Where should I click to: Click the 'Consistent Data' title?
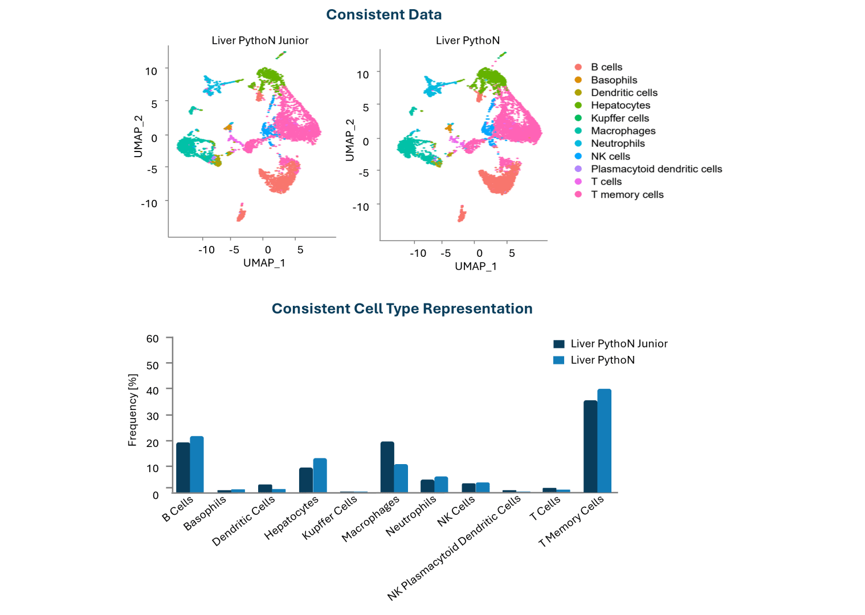[383, 15]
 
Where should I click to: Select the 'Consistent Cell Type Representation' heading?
[402, 309]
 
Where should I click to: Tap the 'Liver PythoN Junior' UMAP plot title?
[260, 40]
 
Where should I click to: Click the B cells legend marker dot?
[578, 67]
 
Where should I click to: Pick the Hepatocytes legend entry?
[620, 105]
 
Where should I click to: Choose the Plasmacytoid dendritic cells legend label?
[656, 169]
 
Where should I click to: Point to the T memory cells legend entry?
[627, 195]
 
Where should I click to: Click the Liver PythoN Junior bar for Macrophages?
[387, 467]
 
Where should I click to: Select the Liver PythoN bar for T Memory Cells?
[604, 440]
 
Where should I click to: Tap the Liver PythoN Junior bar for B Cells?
[183, 467]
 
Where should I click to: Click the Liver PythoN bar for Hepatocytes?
[320, 475]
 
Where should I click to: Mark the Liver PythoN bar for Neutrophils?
[442, 484]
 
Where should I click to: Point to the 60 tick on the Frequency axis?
[152, 339]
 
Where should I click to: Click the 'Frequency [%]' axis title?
[133, 410]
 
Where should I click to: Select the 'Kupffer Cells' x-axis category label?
[329, 517]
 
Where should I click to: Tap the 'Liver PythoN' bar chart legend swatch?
[559, 360]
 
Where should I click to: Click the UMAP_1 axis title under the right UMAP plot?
[476, 266]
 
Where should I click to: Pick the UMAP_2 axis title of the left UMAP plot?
[138, 137]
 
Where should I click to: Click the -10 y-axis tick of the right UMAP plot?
[361, 207]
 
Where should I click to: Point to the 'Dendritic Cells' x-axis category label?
[243, 520]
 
